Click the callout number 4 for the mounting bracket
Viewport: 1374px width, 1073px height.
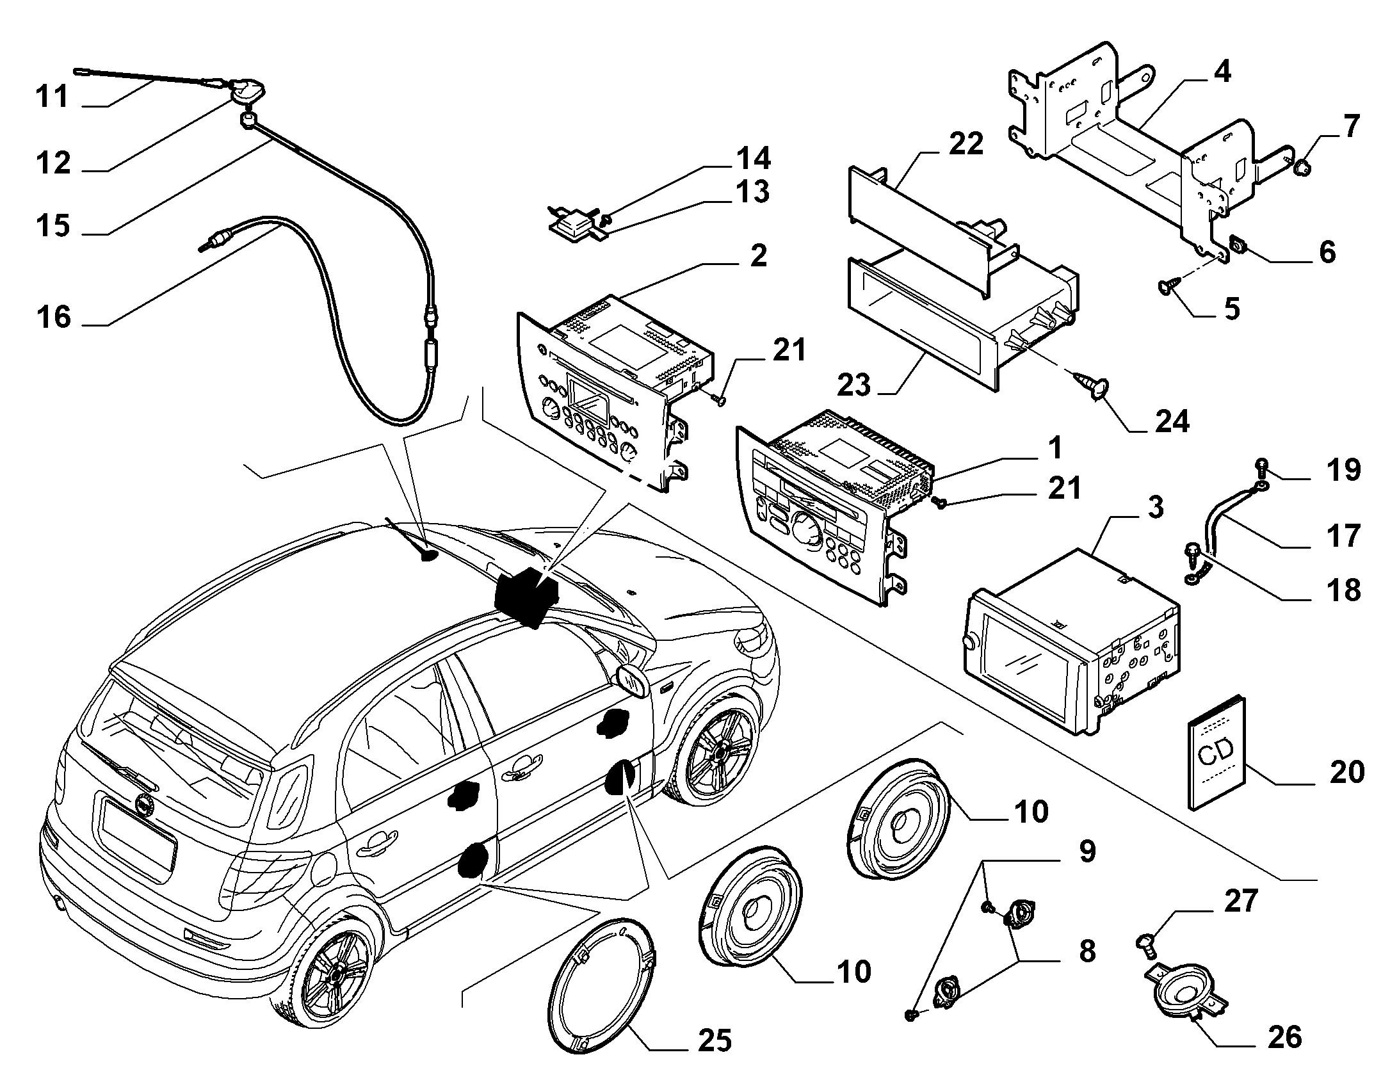point(1221,72)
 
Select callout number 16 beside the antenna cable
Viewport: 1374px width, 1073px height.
point(54,317)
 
